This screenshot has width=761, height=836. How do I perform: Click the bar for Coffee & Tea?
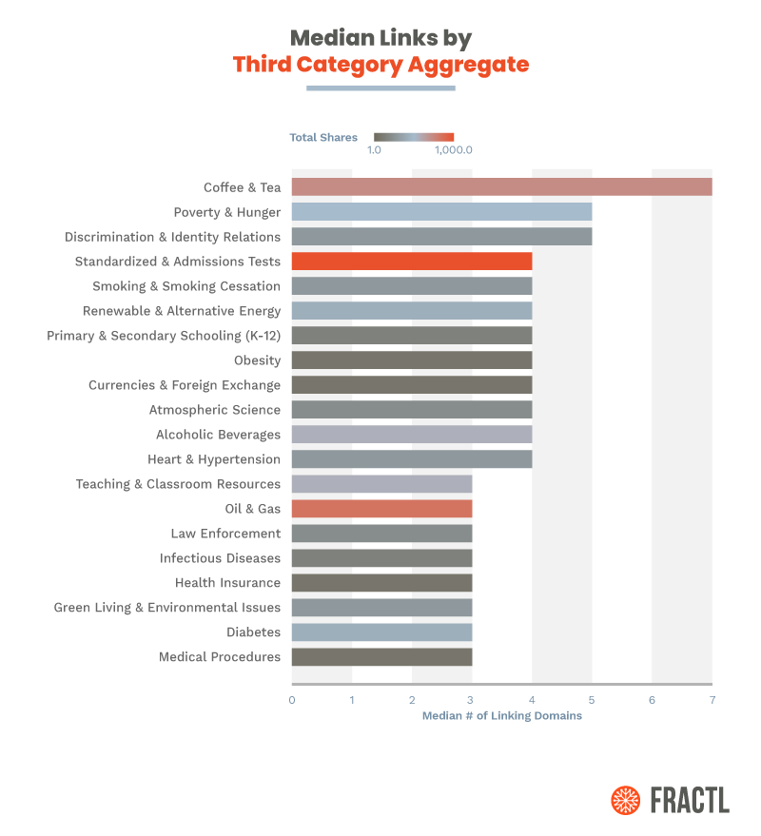point(501,187)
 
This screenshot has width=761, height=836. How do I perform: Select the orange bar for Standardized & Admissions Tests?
point(411,262)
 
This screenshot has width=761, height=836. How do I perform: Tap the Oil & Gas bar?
point(381,509)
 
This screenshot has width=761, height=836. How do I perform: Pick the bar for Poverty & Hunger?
point(441,212)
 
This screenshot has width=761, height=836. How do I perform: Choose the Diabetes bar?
point(381,632)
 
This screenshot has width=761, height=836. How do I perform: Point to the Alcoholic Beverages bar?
point(411,435)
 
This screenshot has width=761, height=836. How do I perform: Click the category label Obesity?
point(258,360)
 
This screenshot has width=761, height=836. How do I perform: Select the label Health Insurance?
point(227,583)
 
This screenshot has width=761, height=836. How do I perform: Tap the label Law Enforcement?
point(225,534)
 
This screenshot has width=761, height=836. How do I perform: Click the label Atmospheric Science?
point(215,410)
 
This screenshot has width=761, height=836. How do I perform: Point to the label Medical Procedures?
point(220,657)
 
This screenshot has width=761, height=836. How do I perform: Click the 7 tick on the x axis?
point(712,700)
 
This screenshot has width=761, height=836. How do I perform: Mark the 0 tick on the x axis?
point(292,700)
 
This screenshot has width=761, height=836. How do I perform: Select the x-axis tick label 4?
point(532,700)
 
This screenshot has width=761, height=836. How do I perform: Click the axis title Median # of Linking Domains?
point(501,716)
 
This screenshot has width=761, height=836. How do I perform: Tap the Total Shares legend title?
point(323,138)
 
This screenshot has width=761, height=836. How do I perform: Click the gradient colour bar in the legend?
point(414,137)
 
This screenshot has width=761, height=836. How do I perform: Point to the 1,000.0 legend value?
point(454,150)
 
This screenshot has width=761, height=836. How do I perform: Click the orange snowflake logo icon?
point(625,800)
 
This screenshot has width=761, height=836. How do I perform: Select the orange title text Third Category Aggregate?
point(380,65)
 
